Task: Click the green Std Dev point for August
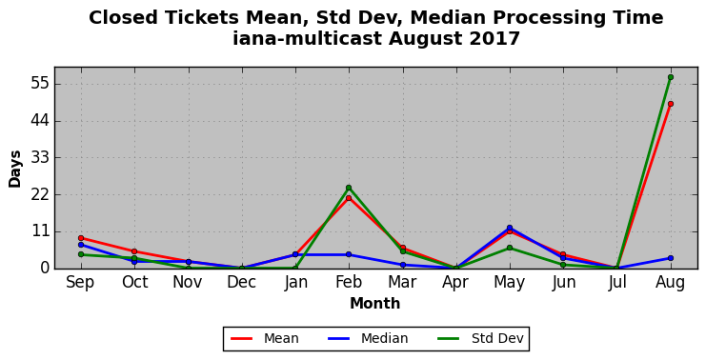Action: (x=671, y=77)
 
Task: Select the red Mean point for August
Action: (x=671, y=104)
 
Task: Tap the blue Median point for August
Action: (x=671, y=258)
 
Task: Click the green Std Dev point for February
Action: (x=349, y=188)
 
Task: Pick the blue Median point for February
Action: (x=349, y=254)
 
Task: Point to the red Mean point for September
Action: (x=81, y=238)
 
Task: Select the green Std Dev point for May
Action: (x=509, y=248)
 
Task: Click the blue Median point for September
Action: (x=81, y=245)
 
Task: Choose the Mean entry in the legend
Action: (x=264, y=338)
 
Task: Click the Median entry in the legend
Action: (x=368, y=338)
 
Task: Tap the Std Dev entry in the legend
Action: (x=480, y=338)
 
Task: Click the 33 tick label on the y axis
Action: (x=39, y=158)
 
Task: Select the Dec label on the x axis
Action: (x=241, y=283)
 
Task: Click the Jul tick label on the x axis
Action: (x=616, y=283)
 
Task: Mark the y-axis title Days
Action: (x=15, y=169)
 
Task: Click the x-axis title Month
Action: (x=375, y=303)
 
